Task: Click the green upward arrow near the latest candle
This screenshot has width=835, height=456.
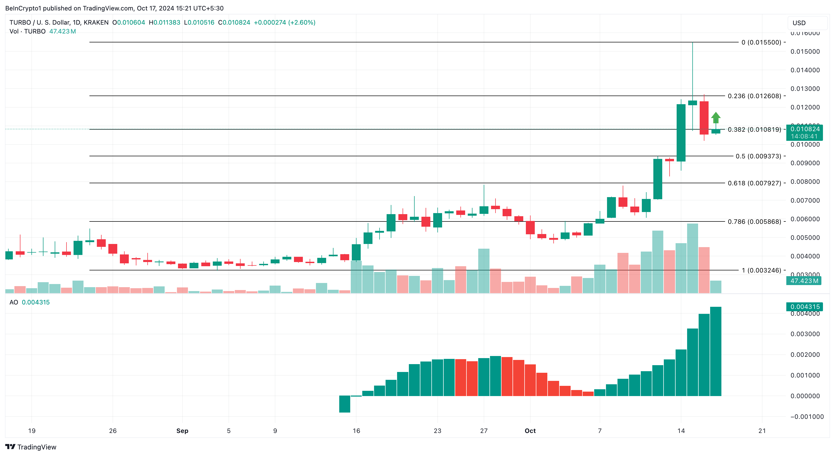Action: click(716, 117)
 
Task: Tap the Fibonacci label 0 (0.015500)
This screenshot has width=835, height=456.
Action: click(761, 42)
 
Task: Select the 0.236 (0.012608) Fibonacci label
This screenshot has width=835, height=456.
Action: click(754, 96)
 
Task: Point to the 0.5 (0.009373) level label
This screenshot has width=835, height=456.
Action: click(758, 156)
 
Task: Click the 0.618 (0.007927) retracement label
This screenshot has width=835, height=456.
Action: click(754, 183)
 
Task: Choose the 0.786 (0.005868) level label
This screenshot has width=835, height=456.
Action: click(754, 222)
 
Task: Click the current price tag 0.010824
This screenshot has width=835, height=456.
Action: click(805, 129)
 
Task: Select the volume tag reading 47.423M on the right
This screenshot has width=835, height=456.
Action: click(804, 281)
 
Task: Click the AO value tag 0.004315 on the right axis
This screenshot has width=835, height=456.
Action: click(805, 307)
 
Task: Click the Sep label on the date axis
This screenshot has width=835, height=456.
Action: click(182, 431)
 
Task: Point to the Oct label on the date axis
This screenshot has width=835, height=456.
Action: click(530, 431)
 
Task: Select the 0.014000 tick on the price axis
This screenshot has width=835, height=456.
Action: click(805, 70)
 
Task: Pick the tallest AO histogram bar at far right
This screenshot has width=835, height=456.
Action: click(715, 351)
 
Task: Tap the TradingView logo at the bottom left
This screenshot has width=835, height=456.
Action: click(31, 447)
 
